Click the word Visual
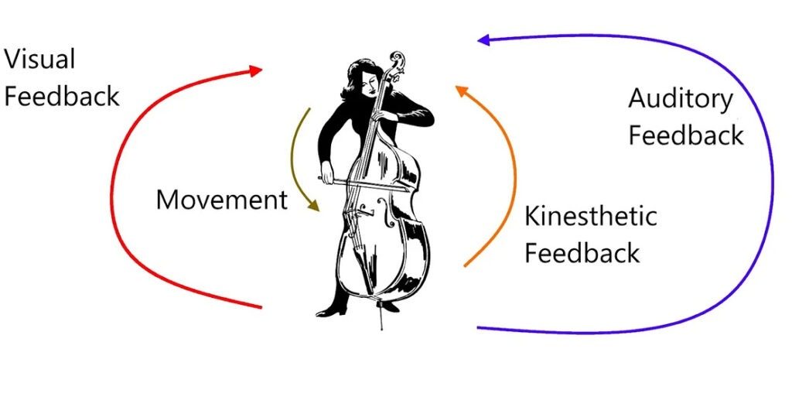tap(39, 59)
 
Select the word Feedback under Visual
tap(62, 96)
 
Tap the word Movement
tap(222, 199)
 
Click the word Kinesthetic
tap(590, 216)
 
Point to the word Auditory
tap(681, 100)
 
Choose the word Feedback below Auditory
tap(686, 135)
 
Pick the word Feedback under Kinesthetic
tap(582, 252)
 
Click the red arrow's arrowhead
tap(256, 70)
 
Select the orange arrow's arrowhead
tap(462, 91)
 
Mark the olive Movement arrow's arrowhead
tap(314, 205)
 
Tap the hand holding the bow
tap(328, 171)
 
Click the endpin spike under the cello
tap(381, 315)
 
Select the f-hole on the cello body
tap(387, 212)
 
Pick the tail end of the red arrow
tap(261, 307)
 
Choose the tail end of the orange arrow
tap(465, 265)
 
